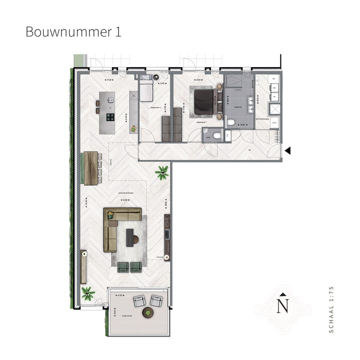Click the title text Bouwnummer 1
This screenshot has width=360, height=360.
[x=73, y=32]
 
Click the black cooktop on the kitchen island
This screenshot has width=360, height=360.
[x=109, y=118]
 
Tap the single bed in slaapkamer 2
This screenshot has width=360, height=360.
[x=145, y=90]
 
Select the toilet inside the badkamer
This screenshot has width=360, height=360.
[x=231, y=121]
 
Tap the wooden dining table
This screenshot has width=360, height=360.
[x=91, y=167]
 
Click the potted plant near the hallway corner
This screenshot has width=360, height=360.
[x=161, y=173]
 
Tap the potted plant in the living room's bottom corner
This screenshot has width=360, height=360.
[x=88, y=293]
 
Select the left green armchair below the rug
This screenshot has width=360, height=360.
[x=123, y=267]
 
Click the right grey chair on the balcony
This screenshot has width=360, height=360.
[x=156, y=300]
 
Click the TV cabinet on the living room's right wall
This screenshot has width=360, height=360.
[x=167, y=236]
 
